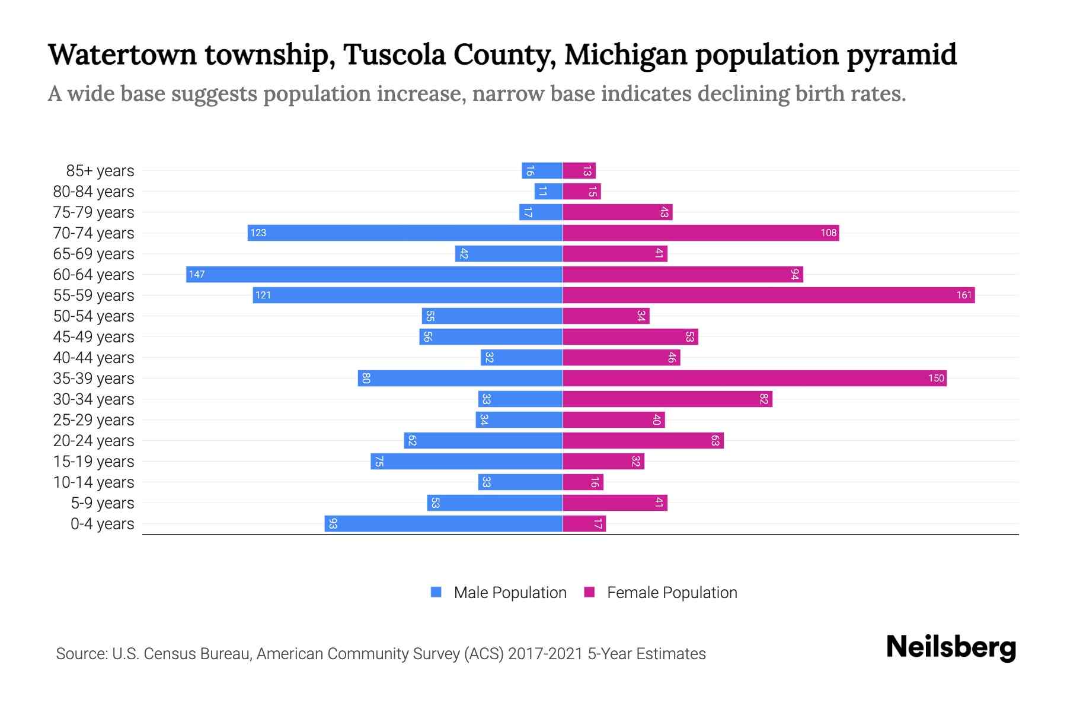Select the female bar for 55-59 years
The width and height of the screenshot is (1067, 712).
768,295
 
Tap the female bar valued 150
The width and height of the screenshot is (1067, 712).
754,378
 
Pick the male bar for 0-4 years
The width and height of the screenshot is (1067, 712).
443,523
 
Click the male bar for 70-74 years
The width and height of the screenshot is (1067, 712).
405,233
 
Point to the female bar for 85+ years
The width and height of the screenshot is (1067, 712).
579,170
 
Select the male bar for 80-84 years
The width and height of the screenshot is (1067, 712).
548,191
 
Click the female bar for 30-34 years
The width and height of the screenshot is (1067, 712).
667,399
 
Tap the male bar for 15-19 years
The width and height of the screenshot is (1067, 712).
467,461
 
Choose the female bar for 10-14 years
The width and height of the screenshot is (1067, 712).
583,482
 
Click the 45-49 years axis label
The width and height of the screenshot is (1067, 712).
94,336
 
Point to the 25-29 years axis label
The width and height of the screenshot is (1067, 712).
94,419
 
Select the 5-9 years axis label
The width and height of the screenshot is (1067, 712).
102,503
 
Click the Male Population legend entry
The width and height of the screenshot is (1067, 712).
510,592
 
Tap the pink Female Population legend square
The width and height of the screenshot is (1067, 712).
589,592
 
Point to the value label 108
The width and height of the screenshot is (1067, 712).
828,233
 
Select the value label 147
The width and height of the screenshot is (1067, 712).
197,274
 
